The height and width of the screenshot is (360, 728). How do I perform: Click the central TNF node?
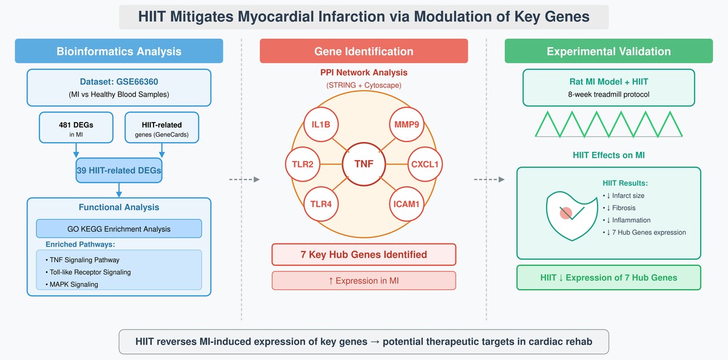click(363, 163)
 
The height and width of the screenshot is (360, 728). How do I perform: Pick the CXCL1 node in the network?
click(423, 163)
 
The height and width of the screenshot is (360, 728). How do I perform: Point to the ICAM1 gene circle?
click(406, 204)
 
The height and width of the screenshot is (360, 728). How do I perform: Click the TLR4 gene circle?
click(321, 204)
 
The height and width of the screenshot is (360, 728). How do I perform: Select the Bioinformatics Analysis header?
click(119, 51)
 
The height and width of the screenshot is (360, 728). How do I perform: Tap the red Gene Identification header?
click(363, 51)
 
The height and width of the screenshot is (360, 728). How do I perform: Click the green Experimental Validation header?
click(608, 51)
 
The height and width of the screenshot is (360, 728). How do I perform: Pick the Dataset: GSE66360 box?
click(119, 87)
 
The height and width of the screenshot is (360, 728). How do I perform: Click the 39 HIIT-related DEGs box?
click(119, 171)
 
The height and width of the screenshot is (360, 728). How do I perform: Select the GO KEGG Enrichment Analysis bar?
click(119, 229)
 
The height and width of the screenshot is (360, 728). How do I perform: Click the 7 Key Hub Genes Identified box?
click(363, 254)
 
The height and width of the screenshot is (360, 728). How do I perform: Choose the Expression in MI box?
click(363, 280)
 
